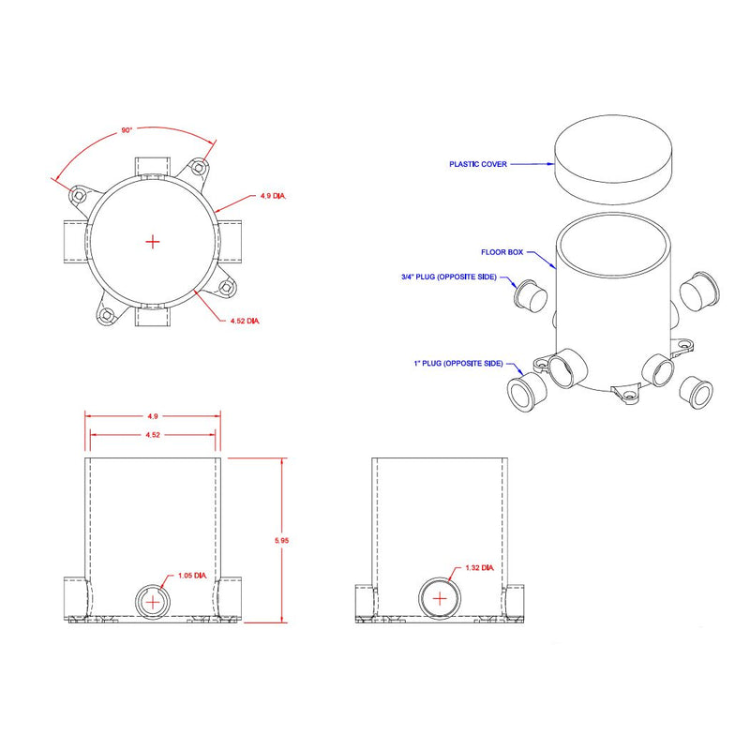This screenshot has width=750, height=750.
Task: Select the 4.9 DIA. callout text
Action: click(273, 197)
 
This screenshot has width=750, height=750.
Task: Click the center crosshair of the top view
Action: click(154, 242)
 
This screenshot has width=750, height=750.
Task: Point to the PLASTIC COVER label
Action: click(478, 164)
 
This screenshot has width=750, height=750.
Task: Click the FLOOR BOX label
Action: click(502, 252)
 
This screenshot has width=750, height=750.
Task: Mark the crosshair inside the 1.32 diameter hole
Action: click(440, 598)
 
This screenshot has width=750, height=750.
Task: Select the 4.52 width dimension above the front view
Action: click(154, 434)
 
